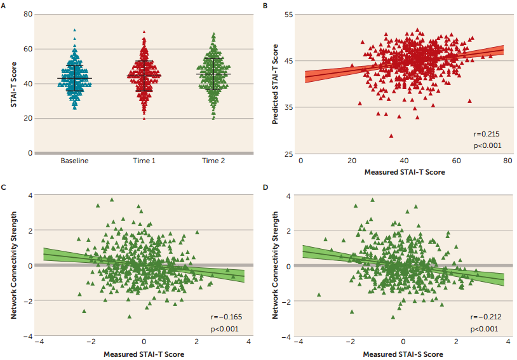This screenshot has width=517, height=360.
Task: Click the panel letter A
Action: tap(4, 4)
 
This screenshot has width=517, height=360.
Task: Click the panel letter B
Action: tap(265, 4)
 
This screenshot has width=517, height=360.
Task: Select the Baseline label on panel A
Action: tap(74, 161)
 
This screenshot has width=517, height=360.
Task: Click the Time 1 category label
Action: tap(144, 161)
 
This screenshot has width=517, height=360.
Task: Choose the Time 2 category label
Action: tap(214, 161)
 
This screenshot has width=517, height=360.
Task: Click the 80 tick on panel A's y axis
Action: tap(28, 14)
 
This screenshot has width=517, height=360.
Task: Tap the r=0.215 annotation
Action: tap(486, 134)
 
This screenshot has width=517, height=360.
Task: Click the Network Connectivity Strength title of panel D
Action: tap(276, 266)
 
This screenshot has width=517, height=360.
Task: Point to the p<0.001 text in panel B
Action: tap(486, 145)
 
